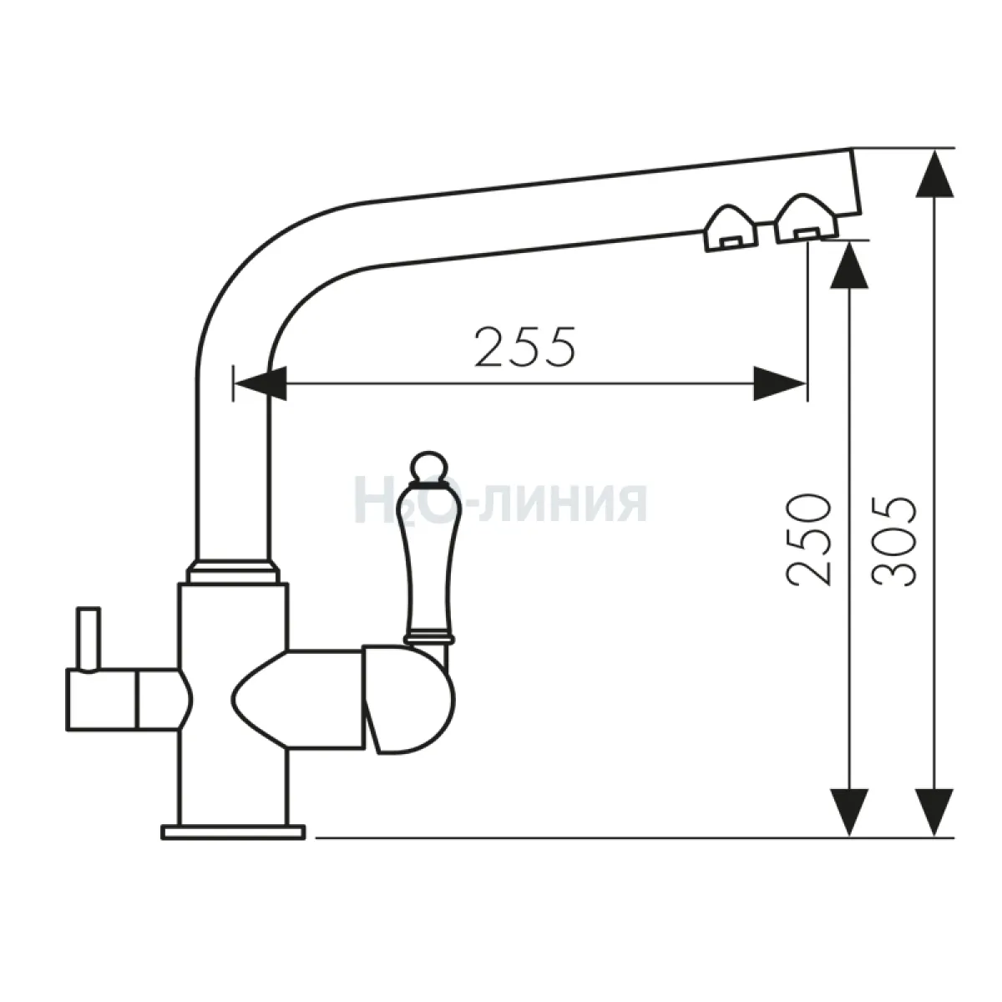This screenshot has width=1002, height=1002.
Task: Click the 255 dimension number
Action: pos(525,347)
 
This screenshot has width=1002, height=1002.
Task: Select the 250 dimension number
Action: pos(808,541)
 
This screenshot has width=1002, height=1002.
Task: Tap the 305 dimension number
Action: pos(893,542)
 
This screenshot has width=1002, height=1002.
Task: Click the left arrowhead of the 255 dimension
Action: pos(261,384)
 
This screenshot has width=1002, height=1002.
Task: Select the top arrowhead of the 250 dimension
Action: pos(850,266)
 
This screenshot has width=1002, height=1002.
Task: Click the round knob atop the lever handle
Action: pos(428,465)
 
